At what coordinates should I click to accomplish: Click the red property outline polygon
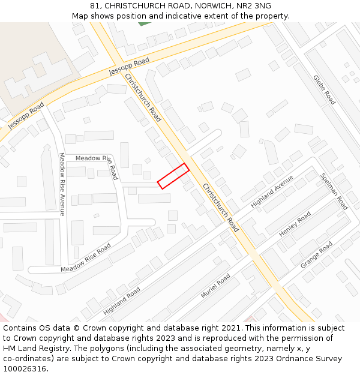click(x=173, y=176)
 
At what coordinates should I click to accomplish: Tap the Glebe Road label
click(x=324, y=89)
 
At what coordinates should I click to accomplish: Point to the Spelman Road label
click(x=334, y=191)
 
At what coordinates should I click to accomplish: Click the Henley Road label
click(x=295, y=224)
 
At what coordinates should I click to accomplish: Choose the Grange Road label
click(x=316, y=254)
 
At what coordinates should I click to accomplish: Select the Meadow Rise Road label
click(x=86, y=257)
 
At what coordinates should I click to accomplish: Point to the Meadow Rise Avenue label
click(x=61, y=184)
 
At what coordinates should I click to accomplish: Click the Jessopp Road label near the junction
click(x=129, y=67)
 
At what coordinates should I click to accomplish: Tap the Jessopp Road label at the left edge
click(x=26, y=116)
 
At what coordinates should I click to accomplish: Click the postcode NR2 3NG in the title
click(x=255, y=6)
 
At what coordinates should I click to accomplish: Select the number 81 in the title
click(x=94, y=6)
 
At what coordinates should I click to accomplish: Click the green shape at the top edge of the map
click(x=144, y=23)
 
